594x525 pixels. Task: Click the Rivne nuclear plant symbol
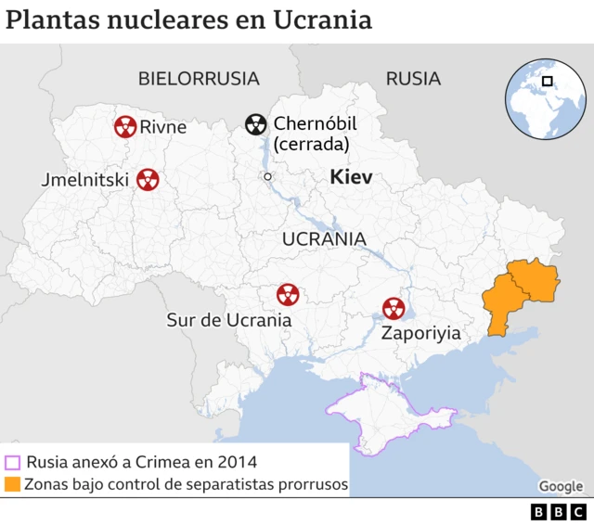(125, 126)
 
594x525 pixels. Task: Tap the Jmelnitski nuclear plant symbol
(147, 179)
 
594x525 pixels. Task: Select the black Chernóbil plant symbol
(255, 124)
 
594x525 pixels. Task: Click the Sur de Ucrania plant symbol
(288, 296)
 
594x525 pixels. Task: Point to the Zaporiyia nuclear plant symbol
(394, 308)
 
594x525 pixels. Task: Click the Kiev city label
(351, 177)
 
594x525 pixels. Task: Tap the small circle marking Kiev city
(267, 176)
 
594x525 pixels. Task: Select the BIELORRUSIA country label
(199, 79)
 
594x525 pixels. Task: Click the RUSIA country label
(413, 79)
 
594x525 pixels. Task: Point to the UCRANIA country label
(324, 238)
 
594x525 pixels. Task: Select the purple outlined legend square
(12, 462)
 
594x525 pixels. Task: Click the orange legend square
(12, 484)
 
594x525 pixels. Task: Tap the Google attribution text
(561, 486)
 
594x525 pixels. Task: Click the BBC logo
(558, 511)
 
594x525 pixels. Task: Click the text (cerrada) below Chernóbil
(311, 145)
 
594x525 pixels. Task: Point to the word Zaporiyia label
(420, 333)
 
